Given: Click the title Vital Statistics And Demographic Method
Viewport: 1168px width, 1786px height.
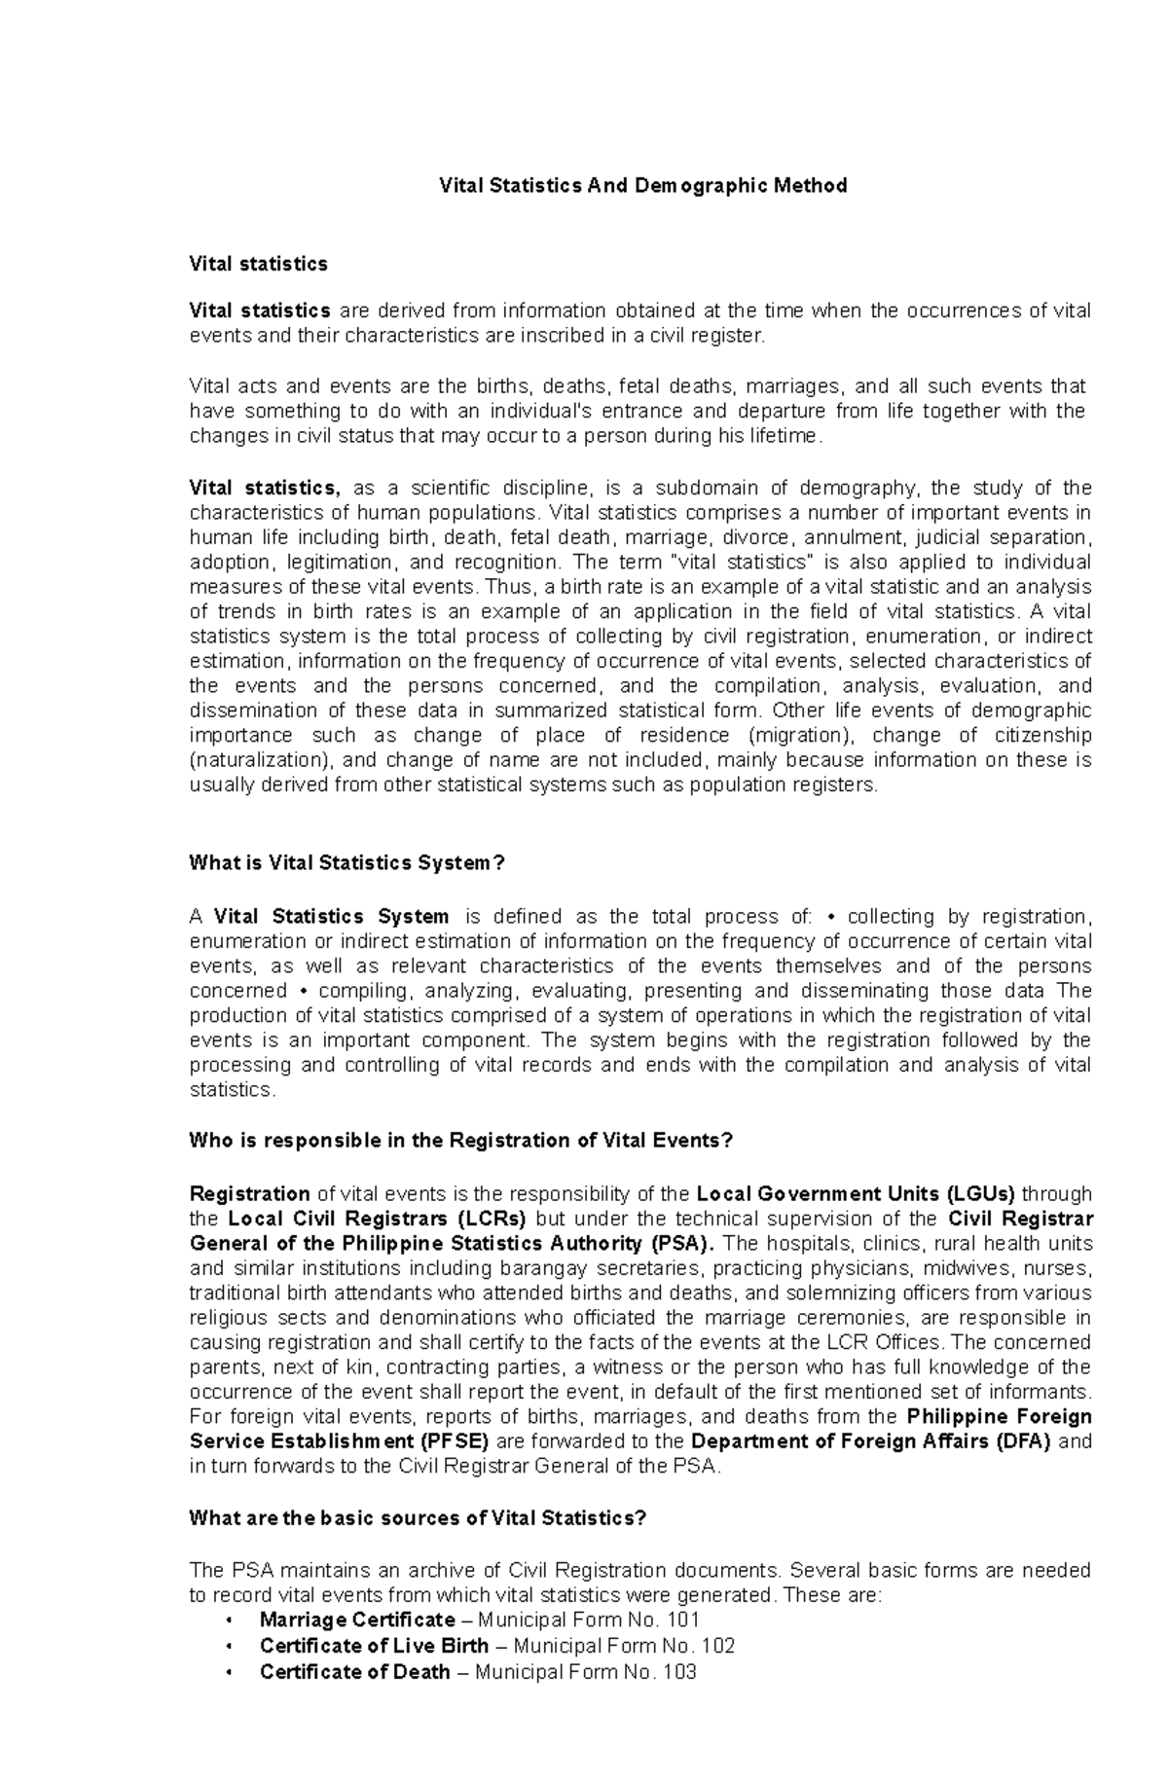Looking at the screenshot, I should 643,185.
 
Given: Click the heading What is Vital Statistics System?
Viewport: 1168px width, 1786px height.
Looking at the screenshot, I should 347,862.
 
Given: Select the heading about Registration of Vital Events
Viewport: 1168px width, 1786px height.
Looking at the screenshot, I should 459,1140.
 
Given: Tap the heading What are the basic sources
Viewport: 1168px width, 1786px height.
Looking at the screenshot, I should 417,1518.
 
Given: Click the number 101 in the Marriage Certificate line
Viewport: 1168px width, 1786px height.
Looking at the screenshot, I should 680,1620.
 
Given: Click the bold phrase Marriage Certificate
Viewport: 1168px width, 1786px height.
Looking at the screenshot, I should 356,1620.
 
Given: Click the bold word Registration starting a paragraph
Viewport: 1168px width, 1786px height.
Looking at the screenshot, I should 249,1193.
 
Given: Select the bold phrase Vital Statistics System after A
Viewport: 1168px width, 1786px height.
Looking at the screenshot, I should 331,916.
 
